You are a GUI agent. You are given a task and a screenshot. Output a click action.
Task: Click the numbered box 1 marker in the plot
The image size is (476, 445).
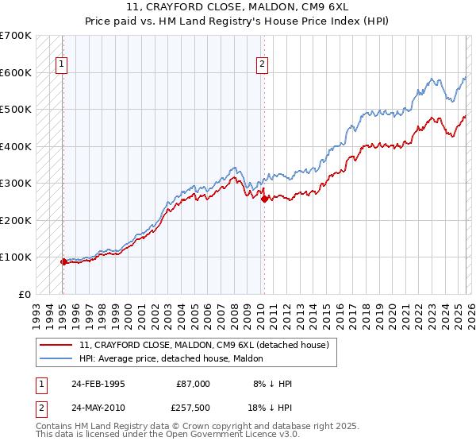pyautogui.click(x=63, y=66)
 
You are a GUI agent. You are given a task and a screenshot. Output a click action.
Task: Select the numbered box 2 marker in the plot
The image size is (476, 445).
pyautogui.click(x=263, y=66)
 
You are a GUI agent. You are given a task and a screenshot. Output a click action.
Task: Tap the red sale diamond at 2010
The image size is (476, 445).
pyautogui.click(x=263, y=199)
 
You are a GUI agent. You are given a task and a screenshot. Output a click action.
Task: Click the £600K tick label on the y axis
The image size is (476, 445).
pyautogui.click(x=16, y=72)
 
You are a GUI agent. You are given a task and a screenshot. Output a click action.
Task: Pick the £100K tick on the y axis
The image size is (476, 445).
pyautogui.click(x=16, y=257)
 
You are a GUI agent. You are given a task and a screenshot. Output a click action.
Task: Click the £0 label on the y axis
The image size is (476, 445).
pyautogui.click(x=24, y=294)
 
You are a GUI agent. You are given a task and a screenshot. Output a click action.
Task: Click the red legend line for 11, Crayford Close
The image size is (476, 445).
pyautogui.click(x=56, y=345)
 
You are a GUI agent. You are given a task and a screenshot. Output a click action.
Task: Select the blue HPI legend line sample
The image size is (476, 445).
pyautogui.click(x=56, y=358)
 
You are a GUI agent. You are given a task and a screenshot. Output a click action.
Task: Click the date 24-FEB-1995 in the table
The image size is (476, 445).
pyautogui.click(x=98, y=383)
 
